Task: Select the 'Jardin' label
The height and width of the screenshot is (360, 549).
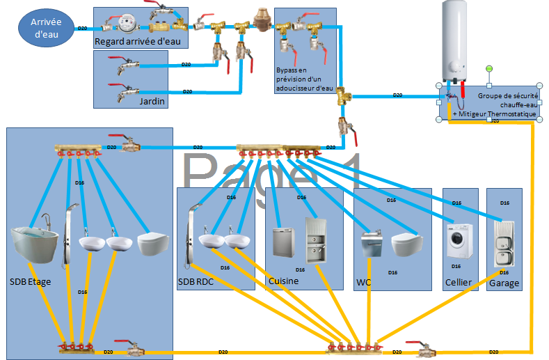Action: click(152, 102)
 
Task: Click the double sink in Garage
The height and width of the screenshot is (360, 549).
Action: click(504, 243)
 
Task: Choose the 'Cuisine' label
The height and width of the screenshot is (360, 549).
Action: click(283, 281)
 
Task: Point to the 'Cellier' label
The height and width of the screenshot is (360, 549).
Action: click(458, 283)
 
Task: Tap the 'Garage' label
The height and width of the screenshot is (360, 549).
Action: click(504, 283)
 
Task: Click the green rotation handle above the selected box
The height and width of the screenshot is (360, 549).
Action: click(489, 68)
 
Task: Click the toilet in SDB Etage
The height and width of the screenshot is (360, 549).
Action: click(153, 243)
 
